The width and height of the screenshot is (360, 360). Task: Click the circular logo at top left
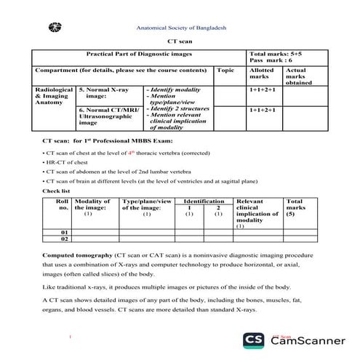[x=52, y=28]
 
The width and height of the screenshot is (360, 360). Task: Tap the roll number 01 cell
[x=64, y=232]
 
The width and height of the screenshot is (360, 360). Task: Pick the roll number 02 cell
[x=64, y=239]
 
